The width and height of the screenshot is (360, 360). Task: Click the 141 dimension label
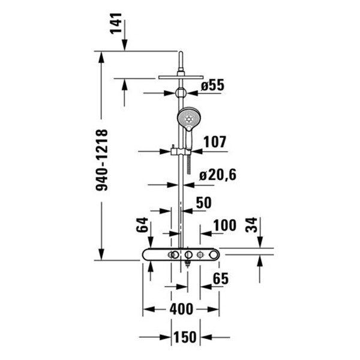point(116,23)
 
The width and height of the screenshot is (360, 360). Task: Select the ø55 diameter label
point(212,85)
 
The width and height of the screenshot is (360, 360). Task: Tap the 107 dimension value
point(215,142)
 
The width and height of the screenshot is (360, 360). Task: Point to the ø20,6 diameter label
point(218,175)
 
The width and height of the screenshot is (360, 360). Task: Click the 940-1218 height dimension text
point(102,160)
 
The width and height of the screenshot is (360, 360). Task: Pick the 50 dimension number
point(203,203)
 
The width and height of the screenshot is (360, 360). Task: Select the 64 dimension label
point(142,225)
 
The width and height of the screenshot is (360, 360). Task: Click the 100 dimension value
point(225,225)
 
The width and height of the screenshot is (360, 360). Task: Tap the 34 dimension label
point(251,225)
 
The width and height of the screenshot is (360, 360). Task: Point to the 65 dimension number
point(221,278)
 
